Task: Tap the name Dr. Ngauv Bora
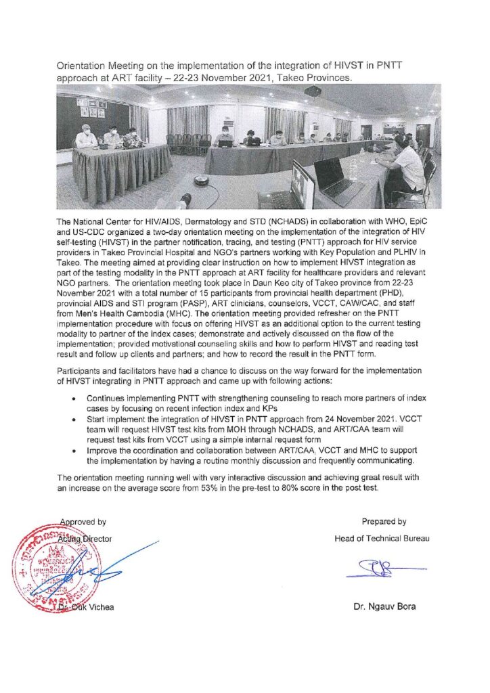[x=384, y=606]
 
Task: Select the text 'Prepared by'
[x=384, y=522]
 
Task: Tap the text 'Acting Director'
[x=86, y=539]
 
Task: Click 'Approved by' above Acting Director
[x=83, y=522]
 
